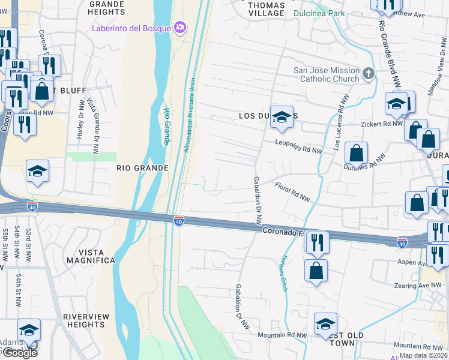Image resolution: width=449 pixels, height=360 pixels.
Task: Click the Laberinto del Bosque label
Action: point(131,28)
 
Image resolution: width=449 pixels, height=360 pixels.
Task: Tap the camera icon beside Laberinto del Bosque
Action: point(179,28)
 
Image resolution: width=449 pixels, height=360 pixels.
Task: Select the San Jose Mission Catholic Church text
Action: point(326,74)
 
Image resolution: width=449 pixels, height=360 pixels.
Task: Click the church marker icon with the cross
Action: point(369,74)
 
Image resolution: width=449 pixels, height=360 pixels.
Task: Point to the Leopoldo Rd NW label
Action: point(299,147)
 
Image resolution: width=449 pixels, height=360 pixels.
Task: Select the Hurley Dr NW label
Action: point(80,119)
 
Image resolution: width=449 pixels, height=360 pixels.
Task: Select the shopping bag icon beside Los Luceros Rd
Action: point(357,153)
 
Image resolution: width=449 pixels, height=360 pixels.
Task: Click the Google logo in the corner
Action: point(19,352)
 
